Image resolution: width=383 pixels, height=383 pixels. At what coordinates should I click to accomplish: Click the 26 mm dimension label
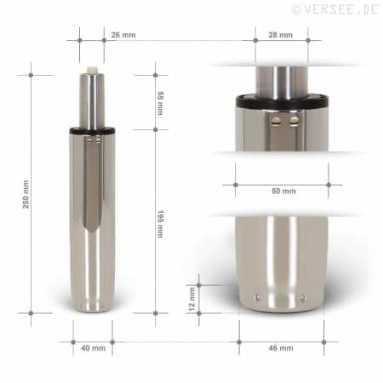(123, 35)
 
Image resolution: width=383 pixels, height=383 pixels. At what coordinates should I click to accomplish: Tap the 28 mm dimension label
(281, 35)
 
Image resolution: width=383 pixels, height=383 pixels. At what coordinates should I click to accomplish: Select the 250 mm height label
(26, 194)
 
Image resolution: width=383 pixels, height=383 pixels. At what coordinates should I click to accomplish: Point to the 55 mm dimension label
(160, 103)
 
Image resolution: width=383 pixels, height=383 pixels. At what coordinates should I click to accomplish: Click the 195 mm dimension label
(160, 224)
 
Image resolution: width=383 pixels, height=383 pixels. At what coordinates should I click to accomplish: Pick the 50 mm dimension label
(283, 191)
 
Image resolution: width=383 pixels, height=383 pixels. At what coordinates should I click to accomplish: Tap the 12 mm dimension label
(191, 299)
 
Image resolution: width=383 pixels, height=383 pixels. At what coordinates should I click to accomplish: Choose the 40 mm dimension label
(93, 348)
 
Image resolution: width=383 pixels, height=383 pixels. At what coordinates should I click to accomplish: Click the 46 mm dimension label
(281, 348)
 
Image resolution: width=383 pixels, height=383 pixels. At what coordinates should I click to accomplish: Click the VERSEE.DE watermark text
(335, 9)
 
